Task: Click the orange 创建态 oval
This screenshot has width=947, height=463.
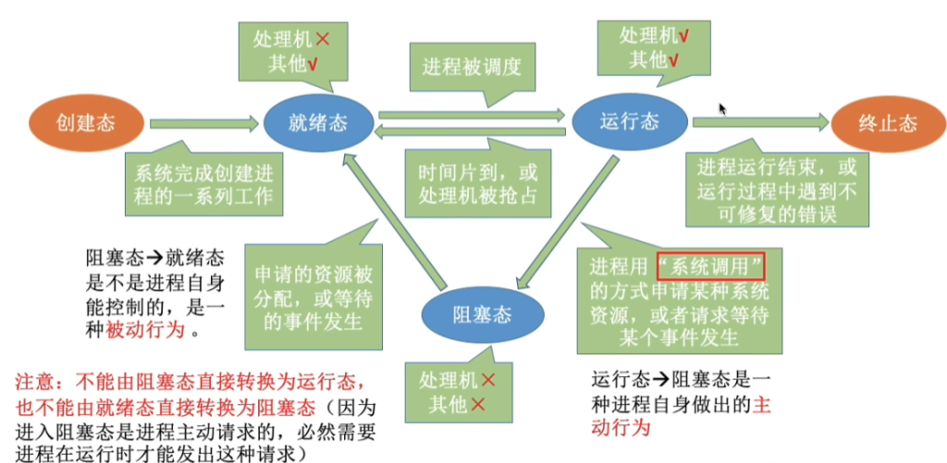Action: click(86, 124)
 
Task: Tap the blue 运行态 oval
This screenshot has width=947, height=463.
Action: click(629, 123)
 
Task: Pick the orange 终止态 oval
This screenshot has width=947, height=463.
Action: click(888, 124)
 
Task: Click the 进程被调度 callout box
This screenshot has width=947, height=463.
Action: click(473, 67)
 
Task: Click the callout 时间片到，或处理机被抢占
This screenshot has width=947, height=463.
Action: click(477, 184)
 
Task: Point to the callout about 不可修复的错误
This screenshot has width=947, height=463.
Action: click(777, 189)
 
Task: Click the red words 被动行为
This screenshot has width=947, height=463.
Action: click(145, 330)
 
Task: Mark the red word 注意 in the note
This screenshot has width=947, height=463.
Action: click(37, 383)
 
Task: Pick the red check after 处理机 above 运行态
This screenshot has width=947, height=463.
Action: click(685, 37)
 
